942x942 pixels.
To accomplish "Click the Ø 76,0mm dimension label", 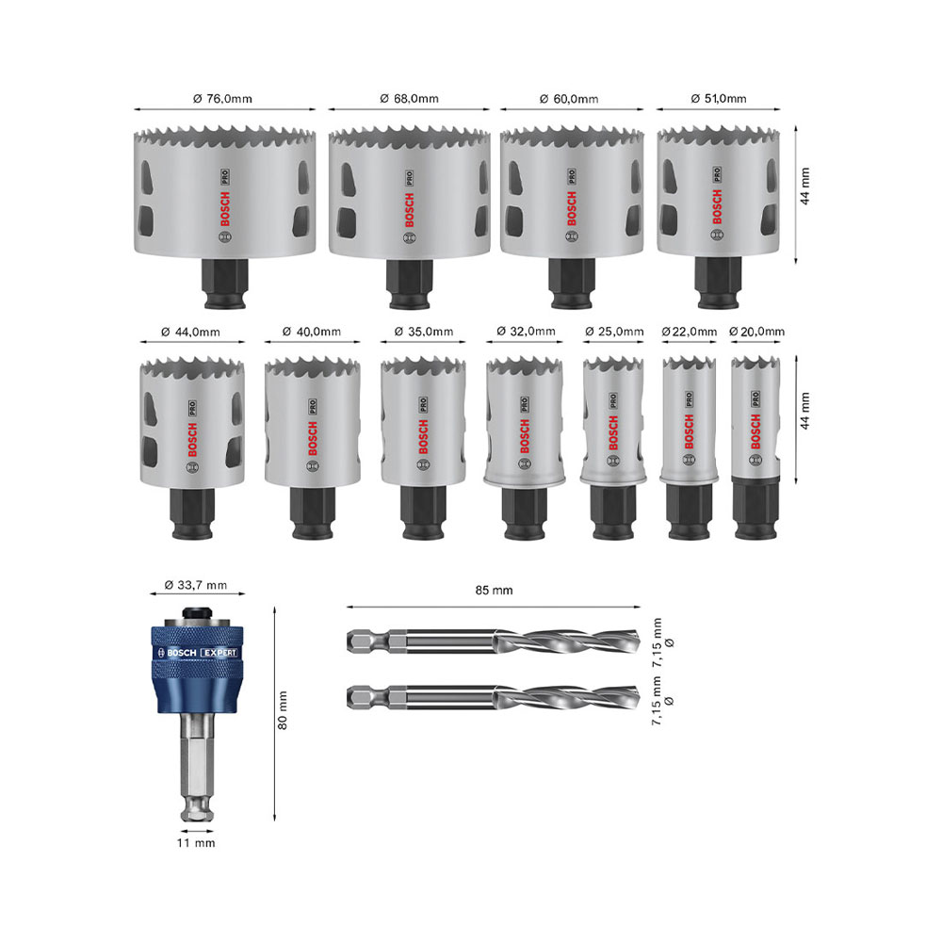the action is click(223, 99).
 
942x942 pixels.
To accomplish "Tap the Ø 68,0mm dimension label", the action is click(409, 99).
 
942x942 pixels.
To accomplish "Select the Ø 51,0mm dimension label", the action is click(719, 99).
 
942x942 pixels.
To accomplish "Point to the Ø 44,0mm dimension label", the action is click(190, 332).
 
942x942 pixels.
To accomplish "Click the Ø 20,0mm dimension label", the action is click(757, 332).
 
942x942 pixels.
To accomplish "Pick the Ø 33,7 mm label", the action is click(196, 585).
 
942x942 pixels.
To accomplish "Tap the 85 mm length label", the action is click(494, 591).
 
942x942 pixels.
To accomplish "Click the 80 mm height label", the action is click(283, 710).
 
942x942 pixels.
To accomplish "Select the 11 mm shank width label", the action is click(196, 843).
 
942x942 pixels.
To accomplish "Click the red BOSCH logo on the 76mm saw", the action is click(225, 209).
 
